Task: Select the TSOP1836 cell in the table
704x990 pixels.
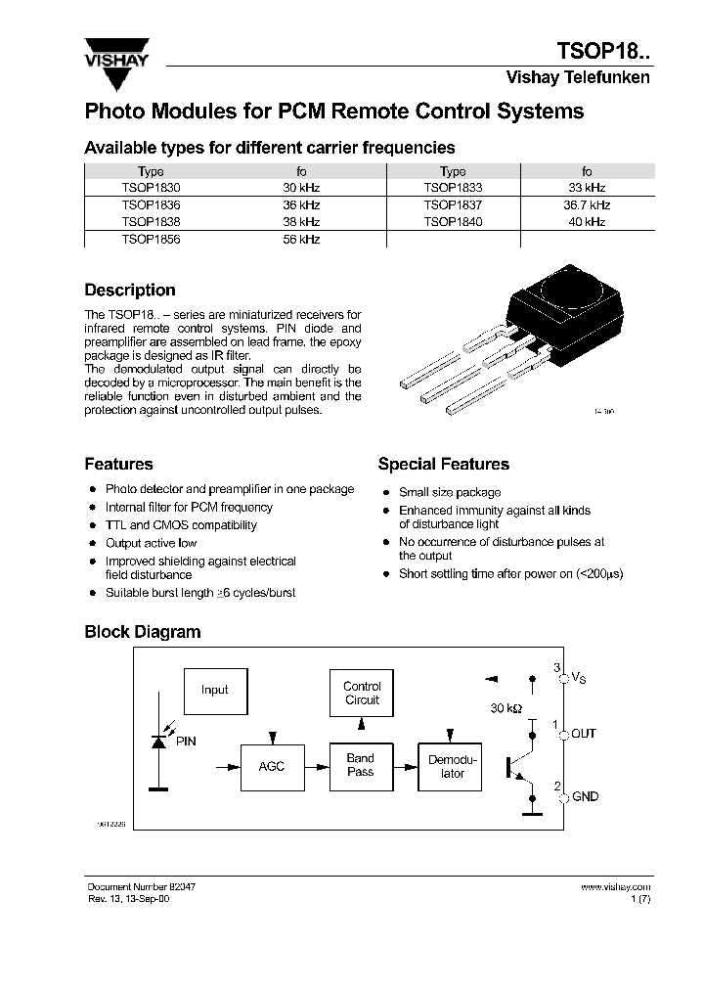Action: (x=151, y=205)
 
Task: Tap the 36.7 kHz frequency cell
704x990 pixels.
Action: (x=587, y=205)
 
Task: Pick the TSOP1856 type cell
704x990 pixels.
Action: (x=151, y=239)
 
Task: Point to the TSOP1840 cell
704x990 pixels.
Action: (x=453, y=222)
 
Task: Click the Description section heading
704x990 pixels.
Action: (x=130, y=291)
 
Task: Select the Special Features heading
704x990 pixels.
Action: (x=443, y=465)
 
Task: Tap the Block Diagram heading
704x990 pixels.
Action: (x=142, y=632)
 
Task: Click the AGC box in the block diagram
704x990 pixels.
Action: (x=271, y=766)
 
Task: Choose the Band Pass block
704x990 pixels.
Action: (x=361, y=765)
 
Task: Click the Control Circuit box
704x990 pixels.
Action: (x=362, y=694)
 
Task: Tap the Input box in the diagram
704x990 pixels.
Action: (x=215, y=690)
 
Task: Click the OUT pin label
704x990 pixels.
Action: (x=584, y=734)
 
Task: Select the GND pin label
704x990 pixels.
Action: (x=585, y=797)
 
